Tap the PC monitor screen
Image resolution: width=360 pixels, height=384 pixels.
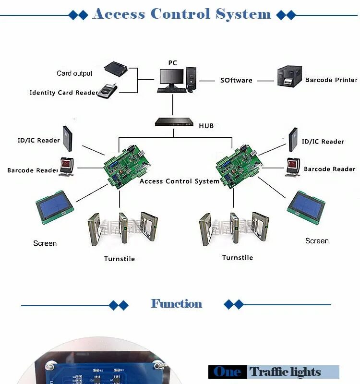pyautogui.click(x=171, y=76)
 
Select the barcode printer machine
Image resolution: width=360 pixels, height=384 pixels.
pyautogui.click(x=290, y=77)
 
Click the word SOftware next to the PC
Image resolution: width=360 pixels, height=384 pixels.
pyautogui.click(x=236, y=80)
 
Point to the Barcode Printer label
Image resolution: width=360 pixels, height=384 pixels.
pyautogui.click(x=331, y=80)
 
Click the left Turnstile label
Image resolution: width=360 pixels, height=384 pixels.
pyautogui.click(x=120, y=259)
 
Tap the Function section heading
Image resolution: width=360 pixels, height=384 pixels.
pyautogui.click(x=177, y=304)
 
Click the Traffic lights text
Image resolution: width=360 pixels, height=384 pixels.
pyautogui.click(x=285, y=372)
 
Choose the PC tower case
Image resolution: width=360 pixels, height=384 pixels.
pyautogui.click(x=192, y=77)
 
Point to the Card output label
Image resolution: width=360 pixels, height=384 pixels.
pyautogui.click(x=74, y=73)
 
